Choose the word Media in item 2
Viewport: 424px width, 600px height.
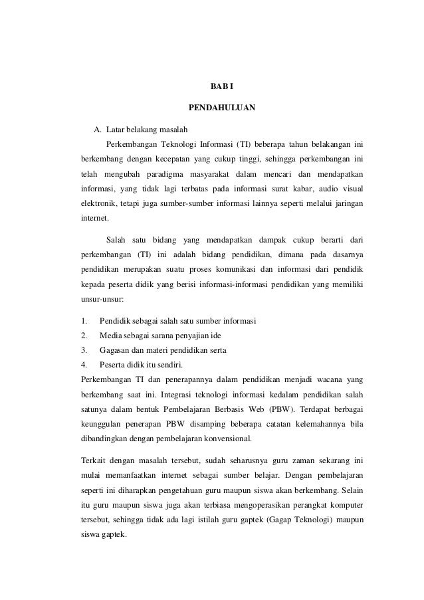[x=110, y=336]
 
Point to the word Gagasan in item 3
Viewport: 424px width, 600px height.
[x=114, y=351]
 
